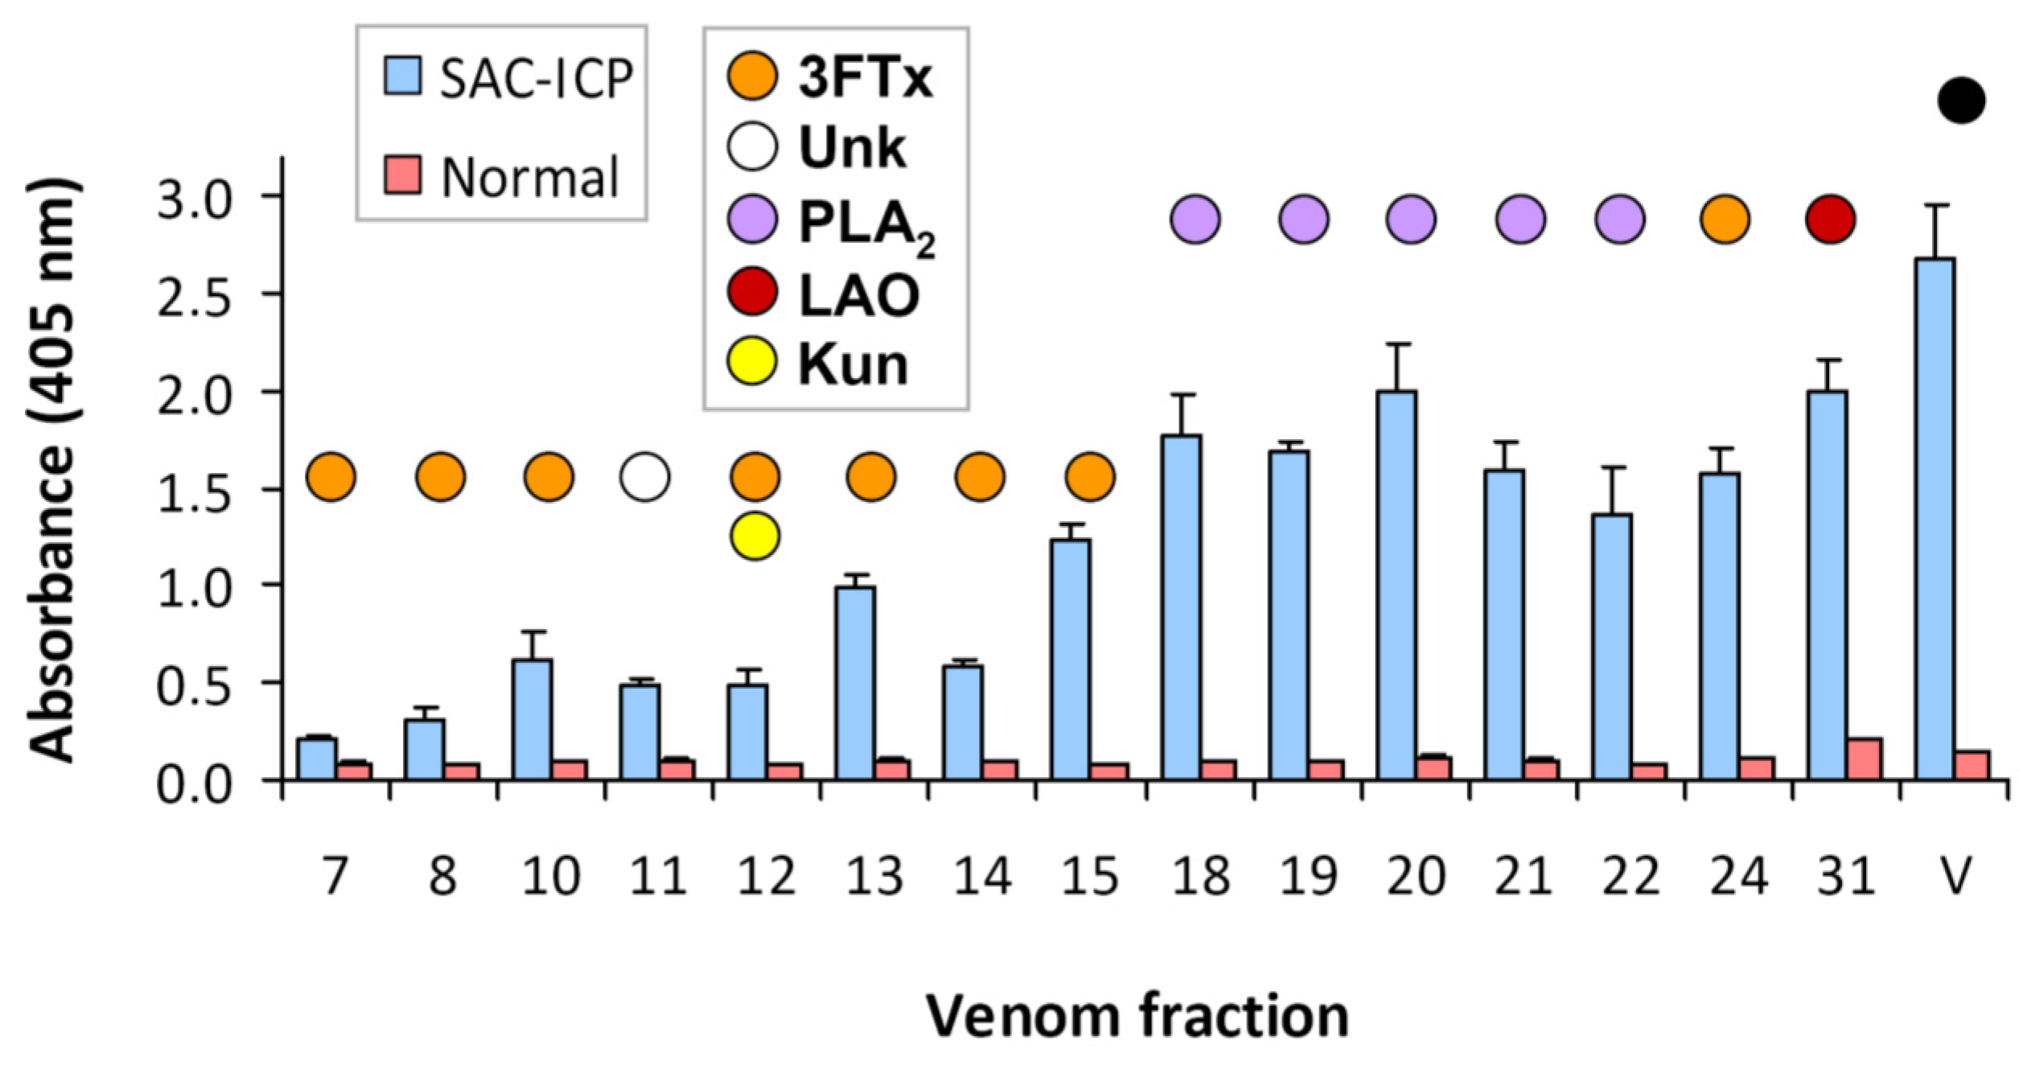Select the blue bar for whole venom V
tap(1935, 519)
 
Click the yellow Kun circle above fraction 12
tap(755, 536)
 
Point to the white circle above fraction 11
tap(644, 477)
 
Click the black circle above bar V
tap(1961, 101)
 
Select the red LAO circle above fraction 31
tap(1831, 219)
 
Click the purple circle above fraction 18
tap(1195, 219)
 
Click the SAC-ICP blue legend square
tap(402, 76)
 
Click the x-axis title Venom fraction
tap(1137, 1017)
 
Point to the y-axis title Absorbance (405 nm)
tap(55, 471)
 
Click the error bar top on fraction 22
tap(1612, 467)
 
